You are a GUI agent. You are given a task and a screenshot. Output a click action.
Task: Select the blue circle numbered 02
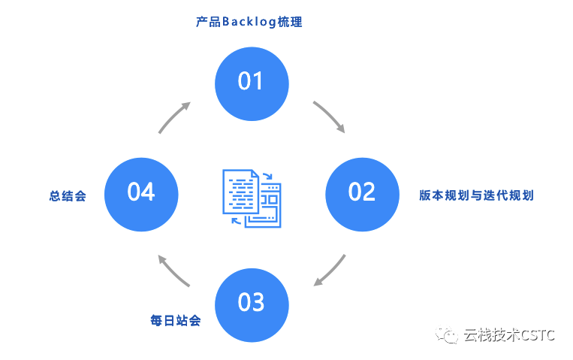[x=361, y=192]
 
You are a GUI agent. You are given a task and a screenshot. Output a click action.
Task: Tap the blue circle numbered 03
[x=251, y=302]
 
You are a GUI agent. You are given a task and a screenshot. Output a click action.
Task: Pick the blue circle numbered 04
[x=140, y=192]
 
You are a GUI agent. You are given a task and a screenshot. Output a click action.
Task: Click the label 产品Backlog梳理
[x=249, y=22]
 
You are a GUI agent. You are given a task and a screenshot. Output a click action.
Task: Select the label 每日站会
[x=176, y=321]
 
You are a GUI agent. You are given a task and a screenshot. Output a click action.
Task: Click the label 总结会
[x=68, y=196]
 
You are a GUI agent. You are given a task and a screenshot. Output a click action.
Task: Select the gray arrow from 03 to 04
[x=173, y=271]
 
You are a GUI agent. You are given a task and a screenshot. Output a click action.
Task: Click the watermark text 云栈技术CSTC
[x=509, y=335]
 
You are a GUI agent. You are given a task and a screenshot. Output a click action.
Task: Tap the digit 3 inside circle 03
[x=258, y=302]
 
